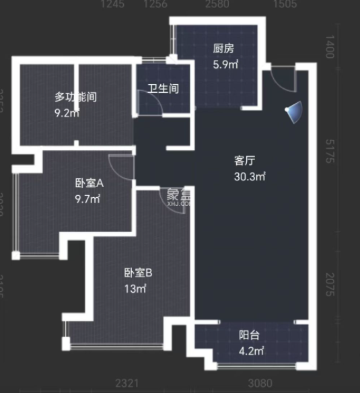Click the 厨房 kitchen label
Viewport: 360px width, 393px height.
(223, 48)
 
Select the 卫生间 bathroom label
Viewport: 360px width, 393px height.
(164, 88)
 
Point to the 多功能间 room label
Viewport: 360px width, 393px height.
(75, 97)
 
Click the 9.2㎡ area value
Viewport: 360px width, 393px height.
(67, 113)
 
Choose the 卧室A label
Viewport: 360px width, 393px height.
(89, 182)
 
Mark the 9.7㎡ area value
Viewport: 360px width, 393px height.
(87, 199)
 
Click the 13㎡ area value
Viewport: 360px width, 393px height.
(135, 289)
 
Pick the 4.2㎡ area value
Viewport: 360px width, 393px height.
(250, 351)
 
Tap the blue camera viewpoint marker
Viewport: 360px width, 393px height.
(293, 112)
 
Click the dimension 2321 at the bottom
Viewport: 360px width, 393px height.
(127, 384)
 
